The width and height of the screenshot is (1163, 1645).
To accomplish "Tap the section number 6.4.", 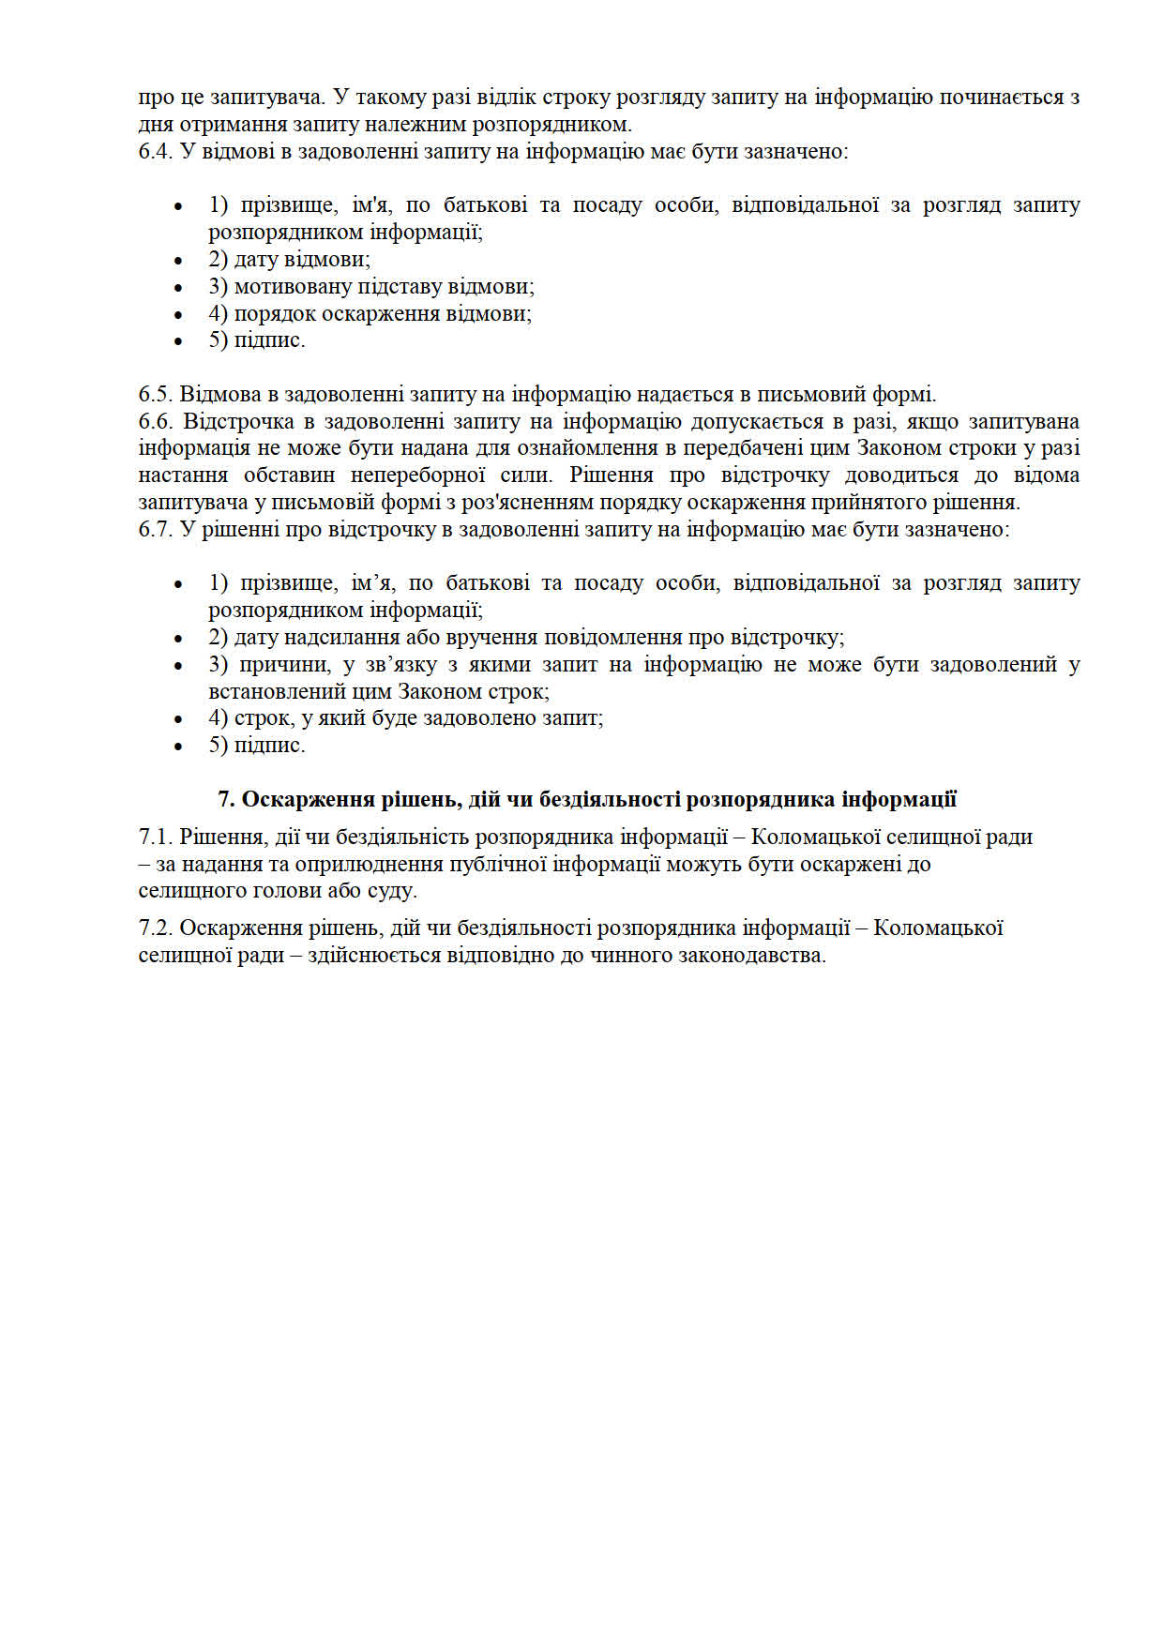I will pos(156,152).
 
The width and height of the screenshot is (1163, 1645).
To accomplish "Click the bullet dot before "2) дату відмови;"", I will pos(178,261).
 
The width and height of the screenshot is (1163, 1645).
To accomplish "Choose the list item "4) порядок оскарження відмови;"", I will pos(370,314).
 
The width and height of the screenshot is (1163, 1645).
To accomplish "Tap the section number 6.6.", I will pos(156,422).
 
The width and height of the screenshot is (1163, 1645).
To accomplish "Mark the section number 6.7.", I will pos(156,530).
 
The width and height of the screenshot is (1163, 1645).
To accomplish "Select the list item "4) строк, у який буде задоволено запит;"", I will pos(405,718).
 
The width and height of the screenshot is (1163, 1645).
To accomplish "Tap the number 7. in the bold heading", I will pos(226,800).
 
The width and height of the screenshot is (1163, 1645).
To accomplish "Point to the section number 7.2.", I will pos(156,928).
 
